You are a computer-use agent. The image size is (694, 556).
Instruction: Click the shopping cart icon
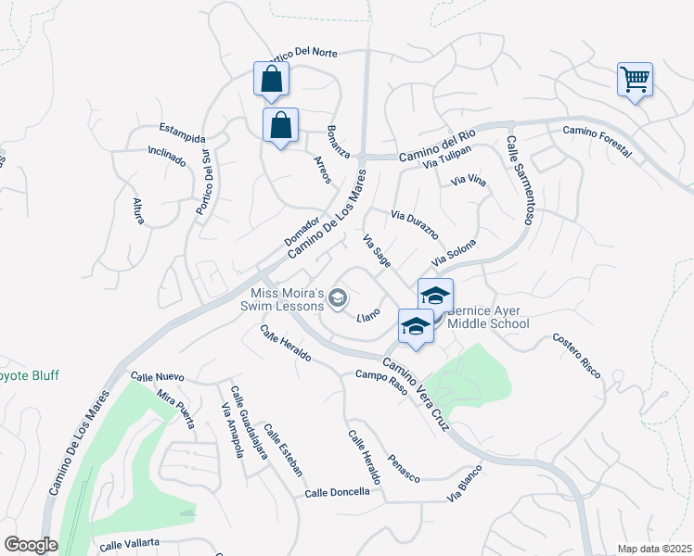635,80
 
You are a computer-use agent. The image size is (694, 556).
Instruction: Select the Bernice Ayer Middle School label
488,317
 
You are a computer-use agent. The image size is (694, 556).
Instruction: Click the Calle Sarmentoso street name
520,181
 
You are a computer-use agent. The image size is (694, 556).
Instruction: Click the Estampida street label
182,129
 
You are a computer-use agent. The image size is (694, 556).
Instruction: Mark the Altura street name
138,210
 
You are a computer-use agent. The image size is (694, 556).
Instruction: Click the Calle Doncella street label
338,492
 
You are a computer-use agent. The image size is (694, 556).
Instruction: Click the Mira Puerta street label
175,409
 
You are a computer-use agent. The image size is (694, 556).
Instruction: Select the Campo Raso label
381,379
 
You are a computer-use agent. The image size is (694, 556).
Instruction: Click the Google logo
31,545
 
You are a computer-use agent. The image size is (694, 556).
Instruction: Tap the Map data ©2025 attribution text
654,549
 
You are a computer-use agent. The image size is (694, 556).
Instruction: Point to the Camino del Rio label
437,147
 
